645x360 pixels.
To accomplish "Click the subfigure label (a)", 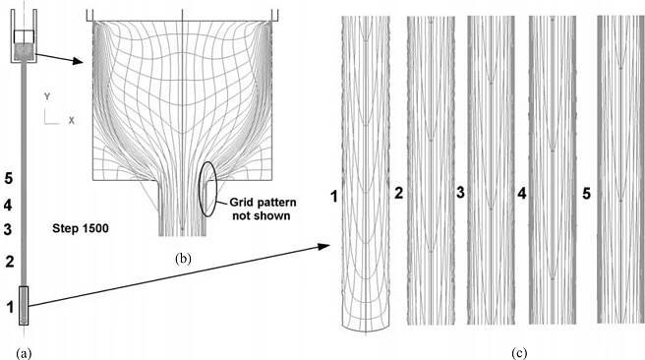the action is pyautogui.click(x=24, y=353).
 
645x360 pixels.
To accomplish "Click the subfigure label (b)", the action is pyautogui.click(x=183, y=259).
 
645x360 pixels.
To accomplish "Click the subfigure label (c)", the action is pyautogui.click(x=519, y=353).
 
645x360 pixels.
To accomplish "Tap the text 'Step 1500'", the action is pyautogui.click(x=81, y=228).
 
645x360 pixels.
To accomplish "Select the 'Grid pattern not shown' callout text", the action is pyautogui.click(x=263, y=209).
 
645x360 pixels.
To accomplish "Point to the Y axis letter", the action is pyautogui.click(x=47, y=97).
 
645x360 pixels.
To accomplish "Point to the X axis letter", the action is pyautogui.click(x=72, y=121).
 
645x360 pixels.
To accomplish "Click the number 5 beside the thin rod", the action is pyautogui.click(x=8, y=178).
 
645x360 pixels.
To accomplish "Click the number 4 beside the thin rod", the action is pyautogui.click(x=8, y=205).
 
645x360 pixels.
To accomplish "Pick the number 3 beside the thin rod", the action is pyautogui.click(x=8, y=229).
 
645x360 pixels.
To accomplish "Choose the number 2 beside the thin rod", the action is pyautogui.click(x=10, y=262).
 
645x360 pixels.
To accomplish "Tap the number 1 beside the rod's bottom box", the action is pyautogui.click(x=10, y=307).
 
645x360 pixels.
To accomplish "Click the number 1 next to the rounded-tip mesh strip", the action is pyautogui.click(x=334, y=197).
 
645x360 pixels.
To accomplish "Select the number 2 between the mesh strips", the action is pyautogui.click(x=398, y=194).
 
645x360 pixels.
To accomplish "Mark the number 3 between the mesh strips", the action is pyautogui.click(x=461, y=192).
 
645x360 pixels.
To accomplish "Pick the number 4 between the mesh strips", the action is pyautogui.click(x=521, y=193).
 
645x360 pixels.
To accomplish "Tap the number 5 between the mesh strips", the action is pyautogui.click(x=587, y=194).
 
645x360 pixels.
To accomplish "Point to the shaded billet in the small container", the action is pyautogui.click(x=24, y=52).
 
